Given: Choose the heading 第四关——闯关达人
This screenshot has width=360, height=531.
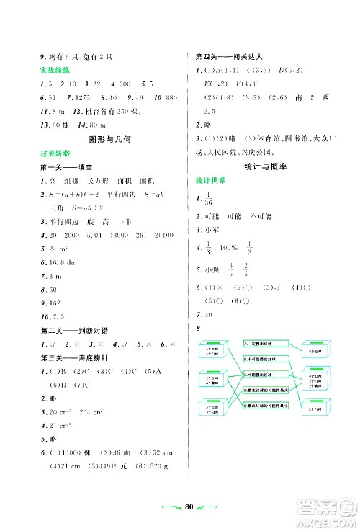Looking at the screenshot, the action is (223, 56).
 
